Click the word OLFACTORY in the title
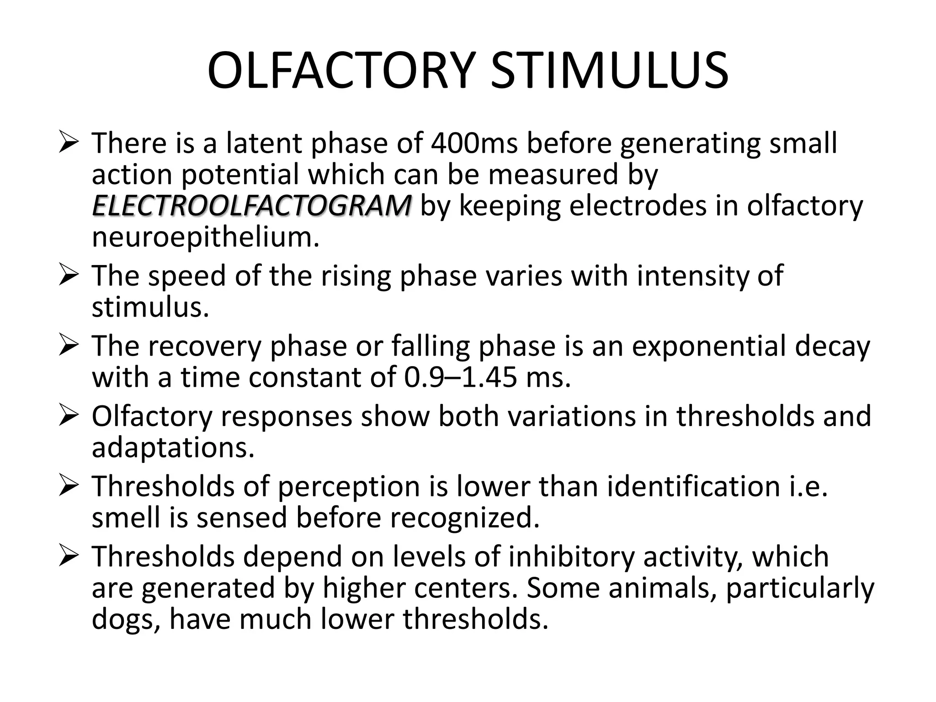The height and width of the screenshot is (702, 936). point(340,71)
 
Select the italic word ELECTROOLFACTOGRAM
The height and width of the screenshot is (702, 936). point(251,206)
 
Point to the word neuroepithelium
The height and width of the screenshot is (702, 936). point(205,237)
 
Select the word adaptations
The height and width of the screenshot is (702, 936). point(173,447)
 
